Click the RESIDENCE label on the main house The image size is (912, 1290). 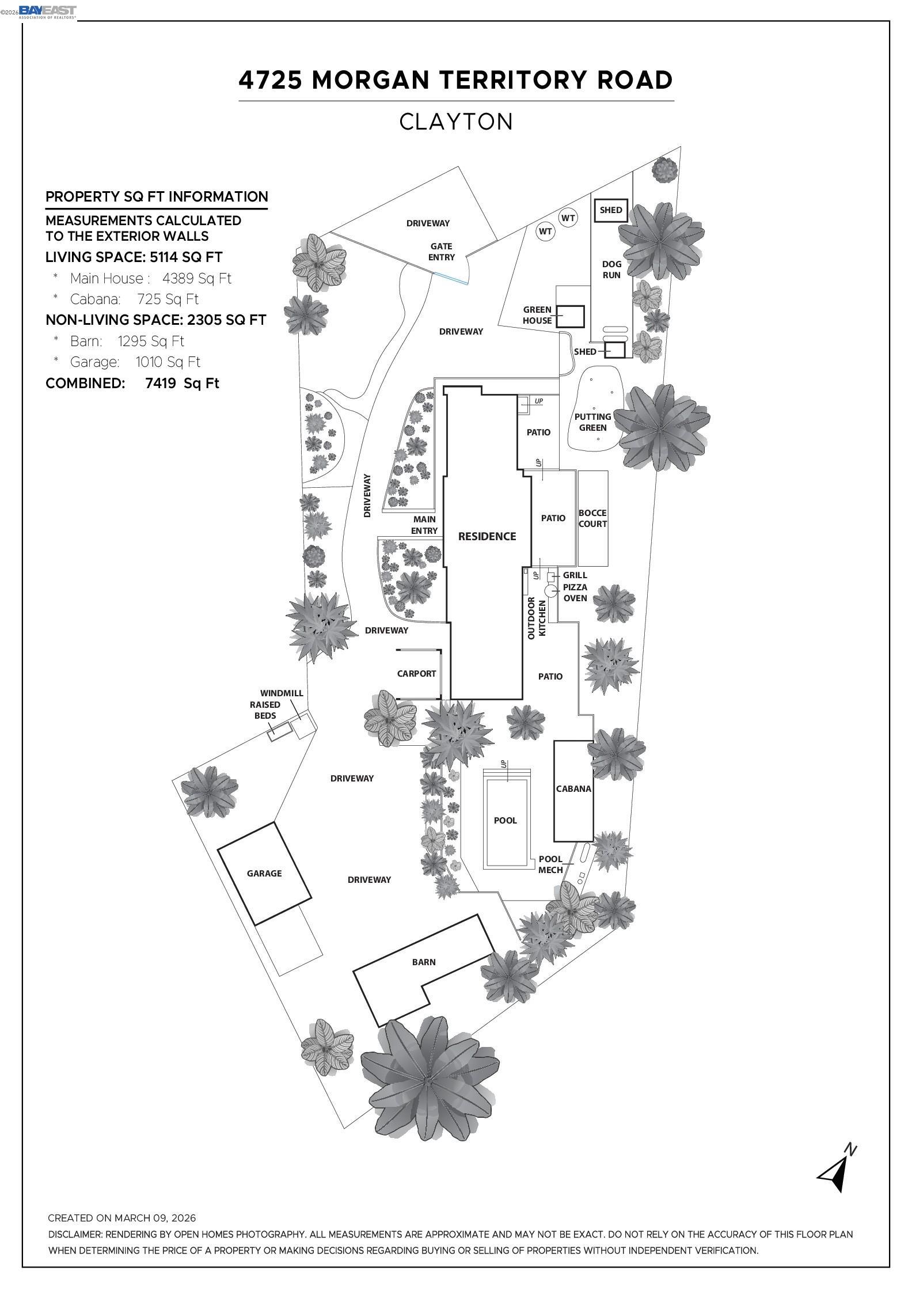(487, 536)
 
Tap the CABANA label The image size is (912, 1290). (573, 788)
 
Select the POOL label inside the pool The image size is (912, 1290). (505, 820)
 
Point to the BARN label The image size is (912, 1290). (424, 962)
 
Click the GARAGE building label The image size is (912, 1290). (264, 873)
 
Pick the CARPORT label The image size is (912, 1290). (416, 673)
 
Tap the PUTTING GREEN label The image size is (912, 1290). (592, 422)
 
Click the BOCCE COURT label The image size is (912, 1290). (592, 518)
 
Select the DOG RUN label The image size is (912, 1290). (611, 270)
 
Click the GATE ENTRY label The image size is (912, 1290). (442, 252)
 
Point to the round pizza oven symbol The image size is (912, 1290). (551, 590)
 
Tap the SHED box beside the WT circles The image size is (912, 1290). (611, 210)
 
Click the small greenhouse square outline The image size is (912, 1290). (570, 316)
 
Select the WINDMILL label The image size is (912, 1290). (281, 693)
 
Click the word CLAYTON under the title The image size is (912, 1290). (456, 122)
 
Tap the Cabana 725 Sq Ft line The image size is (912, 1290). (134, 299)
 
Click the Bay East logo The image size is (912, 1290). (47, 12)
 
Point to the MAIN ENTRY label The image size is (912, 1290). (424, 525)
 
